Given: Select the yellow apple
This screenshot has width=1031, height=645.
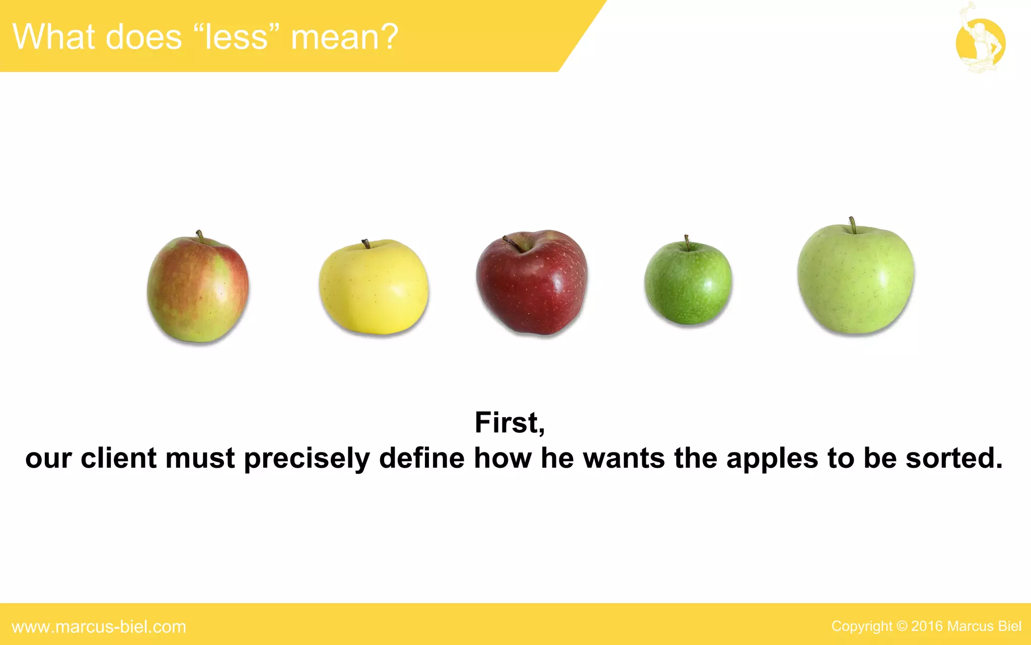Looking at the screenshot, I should click(x=374, y=288).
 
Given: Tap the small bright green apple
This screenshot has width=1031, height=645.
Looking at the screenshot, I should click(x=688, y=283).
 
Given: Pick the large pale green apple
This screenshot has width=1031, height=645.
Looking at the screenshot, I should click(x=856, y=280).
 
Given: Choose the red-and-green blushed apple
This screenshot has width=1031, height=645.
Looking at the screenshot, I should click(x=198, y=290).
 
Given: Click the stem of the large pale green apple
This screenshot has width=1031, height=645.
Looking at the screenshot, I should click(x=852, y=225).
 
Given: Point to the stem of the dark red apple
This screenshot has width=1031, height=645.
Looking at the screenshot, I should click(x=513, y=243).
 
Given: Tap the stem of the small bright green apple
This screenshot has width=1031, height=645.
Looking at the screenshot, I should click(x=687, y=242).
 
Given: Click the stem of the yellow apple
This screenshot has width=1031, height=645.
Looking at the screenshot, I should click(x=366, y=244).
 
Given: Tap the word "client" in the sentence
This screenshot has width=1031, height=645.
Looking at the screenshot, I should click(x=118, y=458).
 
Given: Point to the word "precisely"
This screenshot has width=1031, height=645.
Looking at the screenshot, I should click(x=307, y=459).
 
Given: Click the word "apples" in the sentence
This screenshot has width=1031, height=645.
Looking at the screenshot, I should click(x=772, y=459).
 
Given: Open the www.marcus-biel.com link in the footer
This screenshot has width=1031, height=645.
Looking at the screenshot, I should click(x=99, y=627).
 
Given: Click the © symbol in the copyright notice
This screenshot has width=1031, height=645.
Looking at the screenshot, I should click(x=902, y=626).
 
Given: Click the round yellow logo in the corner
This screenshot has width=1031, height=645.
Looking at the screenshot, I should click(x=980, y=43).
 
